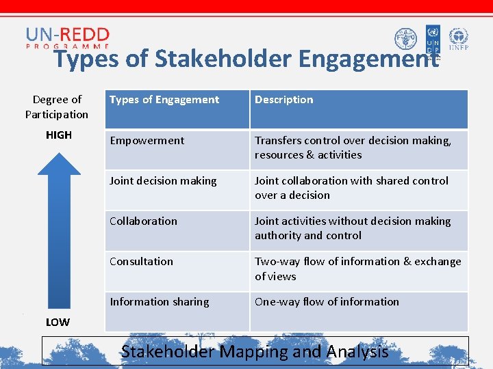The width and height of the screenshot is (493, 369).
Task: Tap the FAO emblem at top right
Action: coord(405,39)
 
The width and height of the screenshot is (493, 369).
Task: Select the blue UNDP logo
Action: coord(433,40)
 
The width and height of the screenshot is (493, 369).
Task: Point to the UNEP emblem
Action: coord(458,40)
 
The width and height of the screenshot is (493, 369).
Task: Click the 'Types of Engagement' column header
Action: coord(164,100)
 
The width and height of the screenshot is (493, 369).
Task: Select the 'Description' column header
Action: coord(283,100)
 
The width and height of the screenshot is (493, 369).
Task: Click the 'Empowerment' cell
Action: coord(147,141)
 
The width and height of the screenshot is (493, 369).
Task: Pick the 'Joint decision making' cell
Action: coord(163,181)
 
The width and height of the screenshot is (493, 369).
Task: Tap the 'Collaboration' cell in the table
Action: coord(143,221)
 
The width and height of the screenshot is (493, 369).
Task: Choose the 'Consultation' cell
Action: coord(142,262)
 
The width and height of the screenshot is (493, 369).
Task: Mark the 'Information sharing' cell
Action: coord(160,302)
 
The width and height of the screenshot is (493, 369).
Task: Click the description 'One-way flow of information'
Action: coord(327,302)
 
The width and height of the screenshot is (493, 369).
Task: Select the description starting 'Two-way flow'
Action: coord(357,269)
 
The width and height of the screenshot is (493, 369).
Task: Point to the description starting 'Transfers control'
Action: coord(353,148)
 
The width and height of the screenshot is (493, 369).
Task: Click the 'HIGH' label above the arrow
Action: coord(59,135)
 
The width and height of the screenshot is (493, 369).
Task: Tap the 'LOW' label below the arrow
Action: coord(58,322)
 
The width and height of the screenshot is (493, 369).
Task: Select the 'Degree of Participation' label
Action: coord(57,107)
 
